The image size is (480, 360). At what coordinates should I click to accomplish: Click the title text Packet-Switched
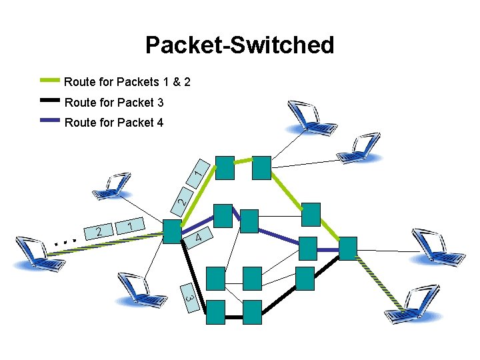tap(239, 45)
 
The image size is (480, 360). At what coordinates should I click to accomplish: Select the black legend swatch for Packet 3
tap(51, 102)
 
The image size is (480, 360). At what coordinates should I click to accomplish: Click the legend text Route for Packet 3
tap(113, 103)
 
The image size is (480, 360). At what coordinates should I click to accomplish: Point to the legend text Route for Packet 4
tap(113, 123)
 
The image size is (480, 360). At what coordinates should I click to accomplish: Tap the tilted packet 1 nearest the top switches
tap(199, 172)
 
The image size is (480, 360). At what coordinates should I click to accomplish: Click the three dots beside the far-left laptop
tap(66, 241)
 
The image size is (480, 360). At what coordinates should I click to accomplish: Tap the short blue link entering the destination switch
tap(327, 249)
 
